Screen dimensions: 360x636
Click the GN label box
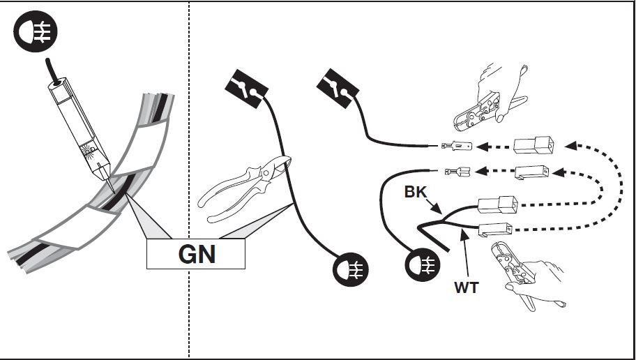[196, 254]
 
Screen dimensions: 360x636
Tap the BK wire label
[415, 190]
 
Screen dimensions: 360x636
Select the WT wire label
[467, 287]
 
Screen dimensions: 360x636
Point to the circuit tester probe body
[77, 126]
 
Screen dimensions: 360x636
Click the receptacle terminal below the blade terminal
[457, 170]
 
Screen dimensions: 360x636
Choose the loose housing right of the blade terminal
[534, 147]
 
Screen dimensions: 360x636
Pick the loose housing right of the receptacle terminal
[532, 172]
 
